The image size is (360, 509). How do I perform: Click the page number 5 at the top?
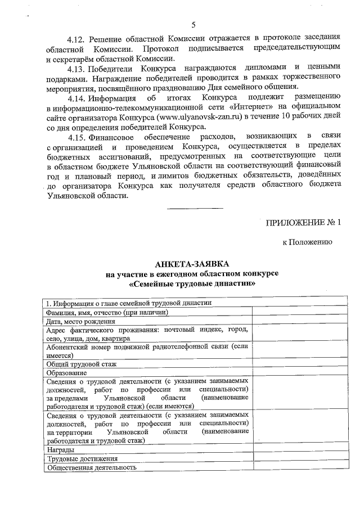193,25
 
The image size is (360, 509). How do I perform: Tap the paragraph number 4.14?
75,98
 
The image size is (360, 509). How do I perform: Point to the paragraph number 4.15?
75,137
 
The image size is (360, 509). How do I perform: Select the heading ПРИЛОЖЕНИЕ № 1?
304,222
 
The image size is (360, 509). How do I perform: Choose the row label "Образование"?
67,372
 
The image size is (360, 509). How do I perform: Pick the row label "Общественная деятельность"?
92,467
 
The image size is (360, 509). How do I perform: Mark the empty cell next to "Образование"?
299,372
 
